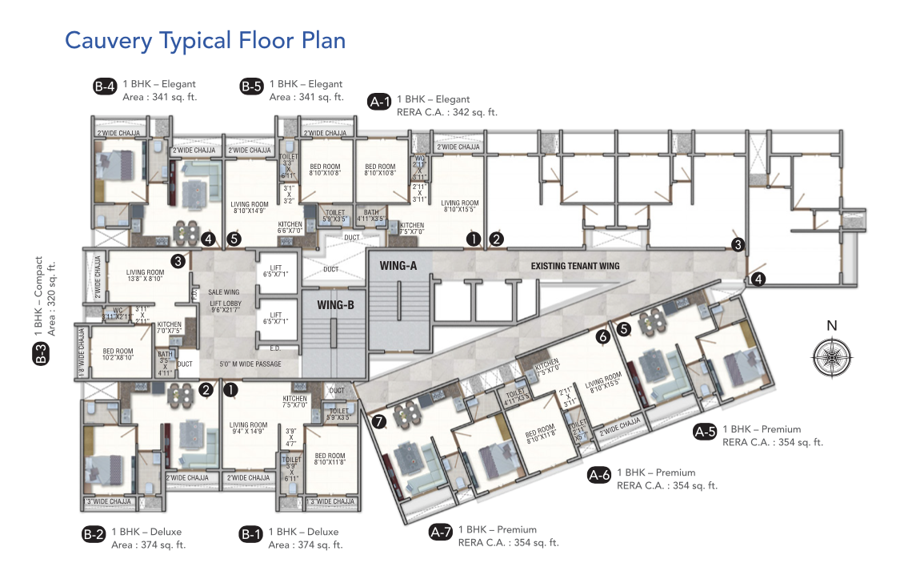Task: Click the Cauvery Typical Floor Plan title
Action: (x=205, y=40)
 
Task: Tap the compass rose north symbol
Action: (x=832, y=352)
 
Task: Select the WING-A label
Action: (x=398, y=265)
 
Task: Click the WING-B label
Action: (x=336, y=305)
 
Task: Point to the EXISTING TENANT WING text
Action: (x=574, y=266)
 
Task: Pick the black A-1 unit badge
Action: (x=379, y=102)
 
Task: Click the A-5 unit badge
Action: (x=705, y=432)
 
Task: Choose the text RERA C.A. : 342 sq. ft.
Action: (x=446, y=113)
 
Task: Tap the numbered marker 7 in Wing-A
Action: (x=379, y=420)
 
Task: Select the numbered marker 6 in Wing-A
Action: (x=603, y=337)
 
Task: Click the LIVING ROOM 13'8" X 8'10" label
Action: (x=145, y=275)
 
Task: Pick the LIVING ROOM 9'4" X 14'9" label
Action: (x=248, y=429)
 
